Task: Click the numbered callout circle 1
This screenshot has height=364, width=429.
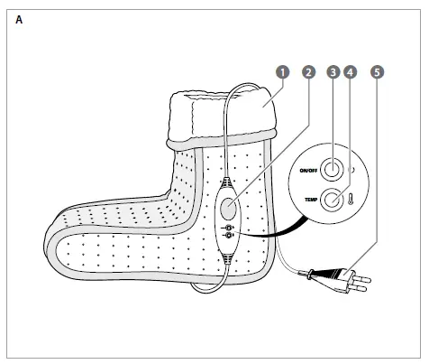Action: [x=282, y=72]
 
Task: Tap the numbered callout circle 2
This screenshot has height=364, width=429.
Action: [x=308, y=72]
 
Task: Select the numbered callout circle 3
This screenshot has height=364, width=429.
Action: [x=333, y=72]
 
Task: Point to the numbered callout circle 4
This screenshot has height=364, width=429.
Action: [x=350, y=72]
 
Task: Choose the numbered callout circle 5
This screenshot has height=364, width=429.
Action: [x=378, y=72]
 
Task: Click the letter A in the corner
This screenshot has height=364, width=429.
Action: [x=19, y=20]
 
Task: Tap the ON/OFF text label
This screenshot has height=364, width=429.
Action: [x=308, y=171]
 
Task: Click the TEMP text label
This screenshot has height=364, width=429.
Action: [x=311, y=200]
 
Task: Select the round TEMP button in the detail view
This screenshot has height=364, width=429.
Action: [x=332, y=200]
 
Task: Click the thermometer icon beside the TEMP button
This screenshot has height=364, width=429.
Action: [x=351, y=200]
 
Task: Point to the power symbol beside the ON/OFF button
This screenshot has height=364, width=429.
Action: [x=351, y=170]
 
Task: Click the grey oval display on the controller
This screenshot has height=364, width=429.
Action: [x=228, y=208]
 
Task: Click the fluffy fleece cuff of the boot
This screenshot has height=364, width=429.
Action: [x=222, y=117]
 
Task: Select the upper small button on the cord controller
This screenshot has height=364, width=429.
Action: [x=229, y=228]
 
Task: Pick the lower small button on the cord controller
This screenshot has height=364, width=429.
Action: [x=229, y=235]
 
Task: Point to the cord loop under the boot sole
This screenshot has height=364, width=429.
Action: [x=207, y=291]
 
